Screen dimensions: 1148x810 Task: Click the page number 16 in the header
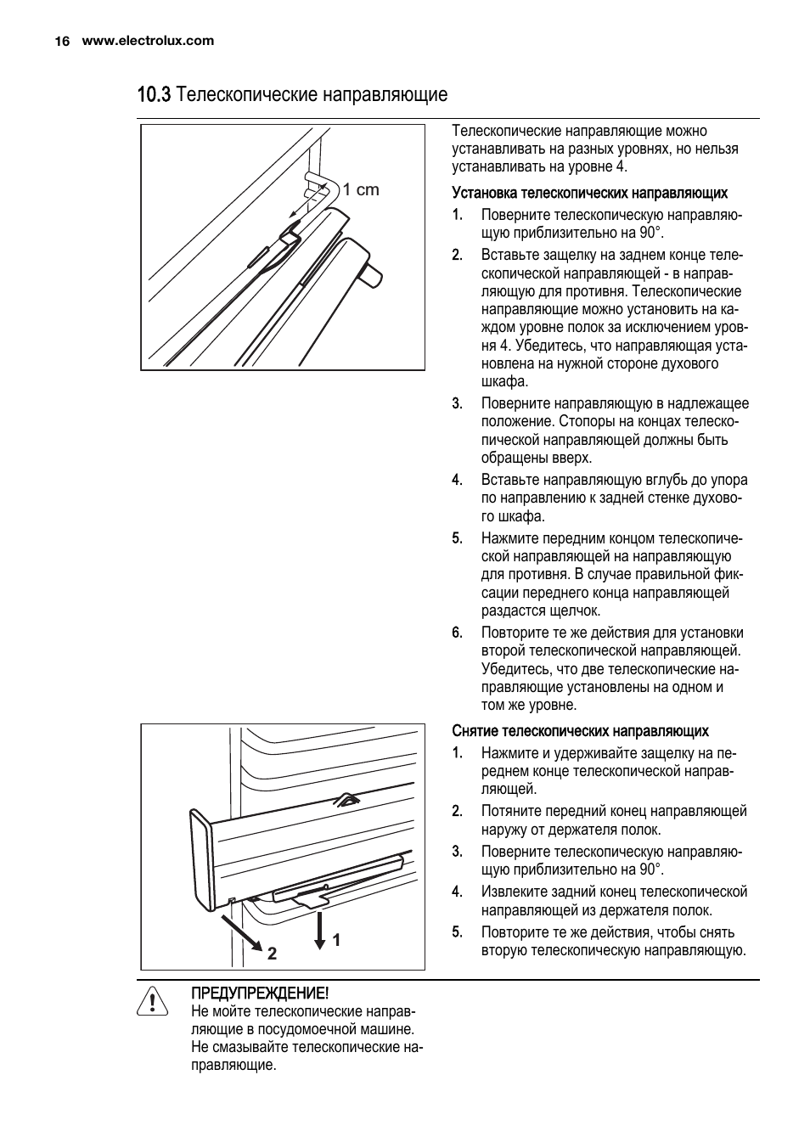pos(61,41)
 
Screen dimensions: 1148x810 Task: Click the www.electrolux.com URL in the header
pos(148,41)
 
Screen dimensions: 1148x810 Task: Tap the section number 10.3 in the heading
pos(154,94)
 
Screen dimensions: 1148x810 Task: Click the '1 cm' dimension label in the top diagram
pos(361,190)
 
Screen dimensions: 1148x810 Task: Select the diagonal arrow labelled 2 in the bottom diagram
pos(244,936)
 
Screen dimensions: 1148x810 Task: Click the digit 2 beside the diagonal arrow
pos(272,954)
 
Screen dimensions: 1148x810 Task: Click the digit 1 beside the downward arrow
pos(336,940)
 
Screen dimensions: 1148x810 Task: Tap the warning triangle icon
pos(153,1002)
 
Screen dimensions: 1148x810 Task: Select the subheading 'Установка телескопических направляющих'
pos(589,193)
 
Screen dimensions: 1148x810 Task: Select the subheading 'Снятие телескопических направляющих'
pos(580,731)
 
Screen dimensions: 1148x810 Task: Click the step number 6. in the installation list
pos(457,633)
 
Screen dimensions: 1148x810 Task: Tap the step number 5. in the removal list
pos(457,932)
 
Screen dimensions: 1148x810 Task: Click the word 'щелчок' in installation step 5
pos(575,611)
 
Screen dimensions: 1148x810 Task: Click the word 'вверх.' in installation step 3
pos(572,459)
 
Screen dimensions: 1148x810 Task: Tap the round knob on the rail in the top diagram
pos(371,276)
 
